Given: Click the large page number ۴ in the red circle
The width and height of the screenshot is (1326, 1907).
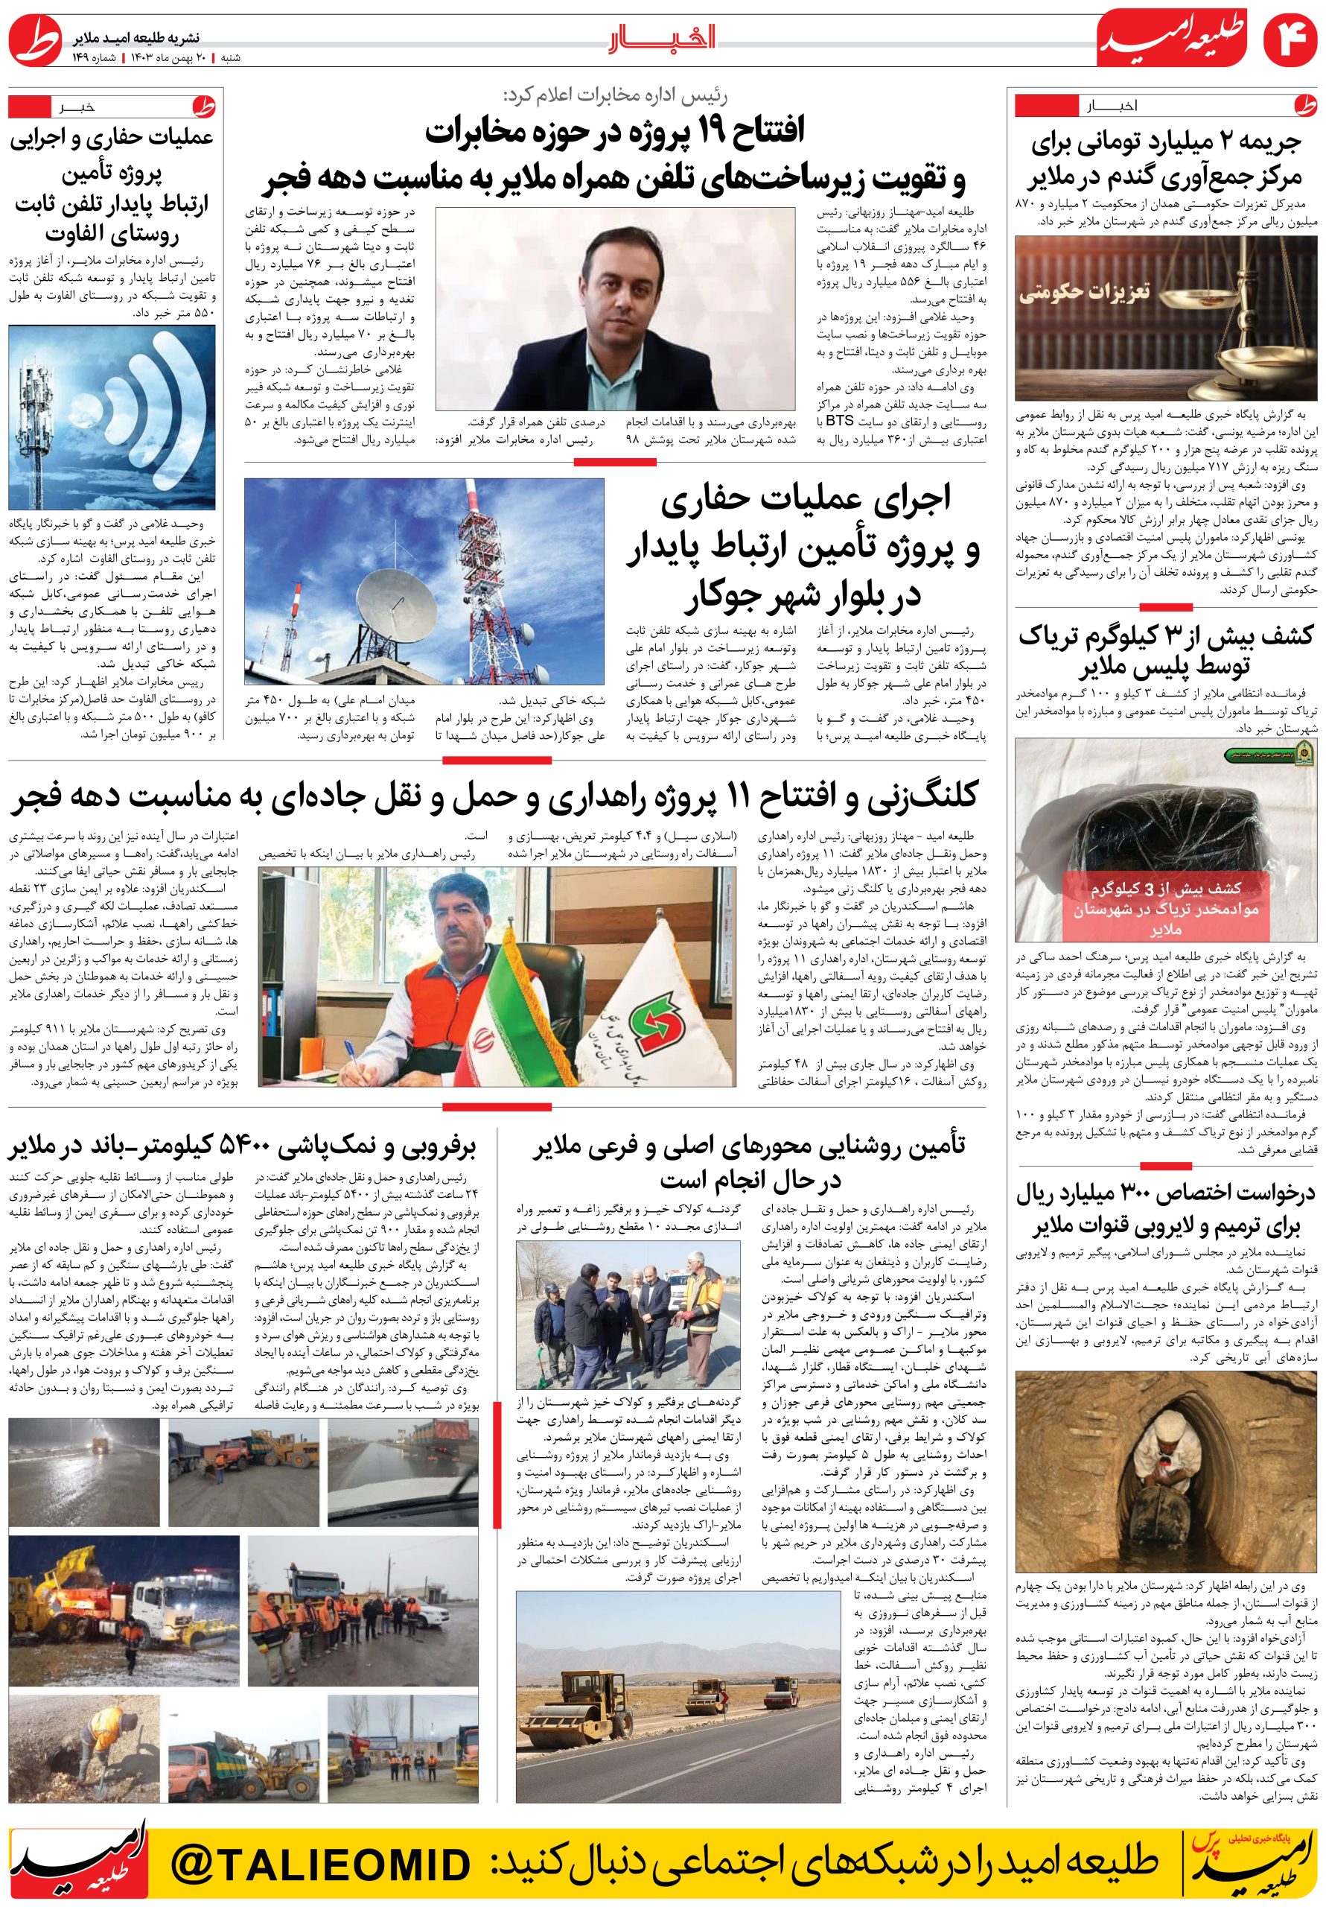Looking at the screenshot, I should click(x=1289, y=42).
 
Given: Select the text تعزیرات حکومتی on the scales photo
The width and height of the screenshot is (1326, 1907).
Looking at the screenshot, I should click(x=1084, y=292).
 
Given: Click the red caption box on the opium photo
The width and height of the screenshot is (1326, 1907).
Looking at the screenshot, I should click(x=1166, y=908).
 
